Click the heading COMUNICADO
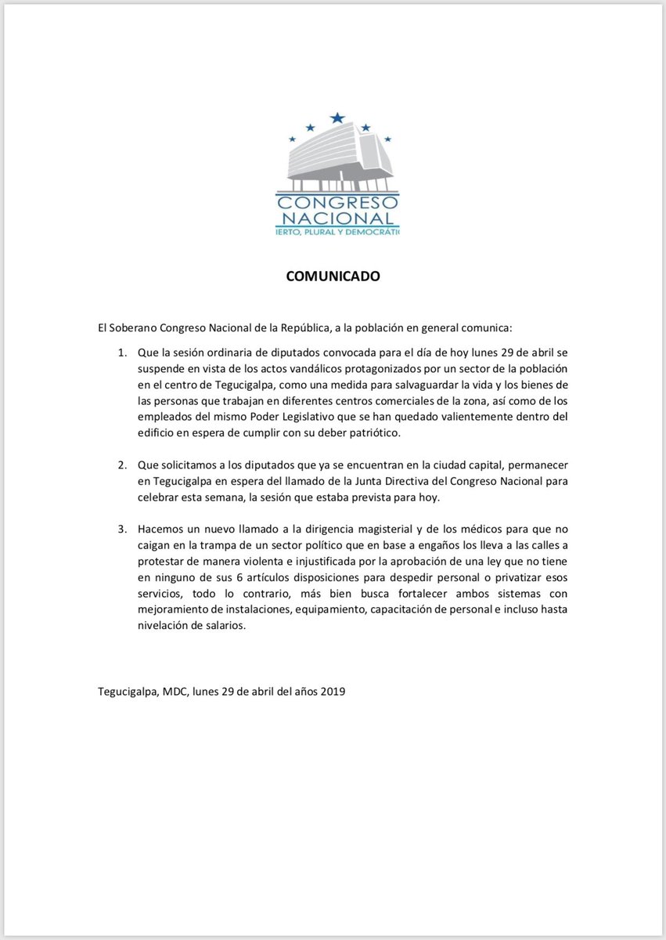[x=333, y=277]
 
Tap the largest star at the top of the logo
[x=337, y=118]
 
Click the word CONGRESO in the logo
[x=338, y=201]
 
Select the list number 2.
[x=122, y=465]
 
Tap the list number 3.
[x=122, y=530]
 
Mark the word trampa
[x=223, y=547]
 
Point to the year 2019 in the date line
[x=332, y=692]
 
